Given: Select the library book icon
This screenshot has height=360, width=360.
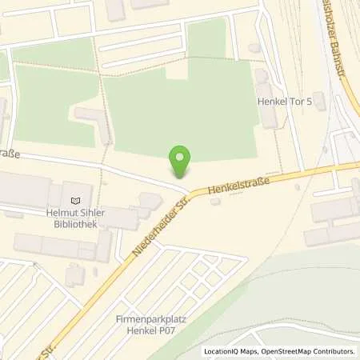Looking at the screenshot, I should (76, 200).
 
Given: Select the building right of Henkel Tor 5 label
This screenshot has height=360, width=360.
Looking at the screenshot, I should (319, 101).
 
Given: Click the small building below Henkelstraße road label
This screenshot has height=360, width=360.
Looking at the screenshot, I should (215, 202).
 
